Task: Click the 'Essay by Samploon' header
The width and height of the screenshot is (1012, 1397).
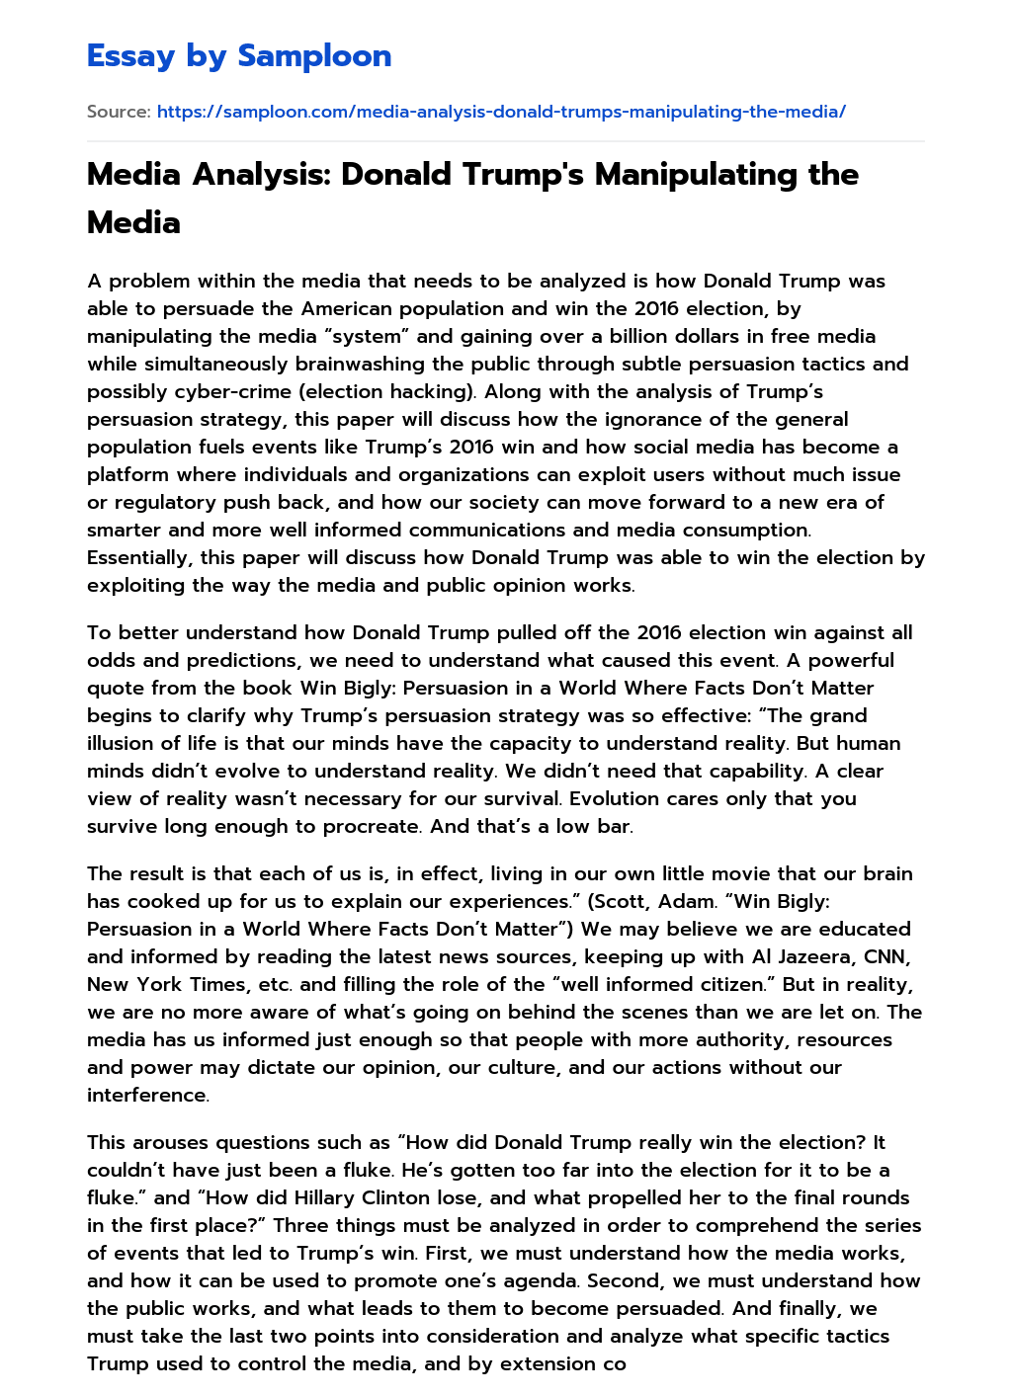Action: (x=239, y=56)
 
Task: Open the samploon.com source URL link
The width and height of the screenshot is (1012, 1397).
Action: (x=501, y=112)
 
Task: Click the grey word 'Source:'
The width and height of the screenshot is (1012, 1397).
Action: (x=119, y=112)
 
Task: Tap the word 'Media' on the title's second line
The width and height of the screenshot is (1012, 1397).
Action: (x=133, y=222)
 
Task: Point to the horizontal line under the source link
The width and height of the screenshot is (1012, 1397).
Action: (x=505, y=141)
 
